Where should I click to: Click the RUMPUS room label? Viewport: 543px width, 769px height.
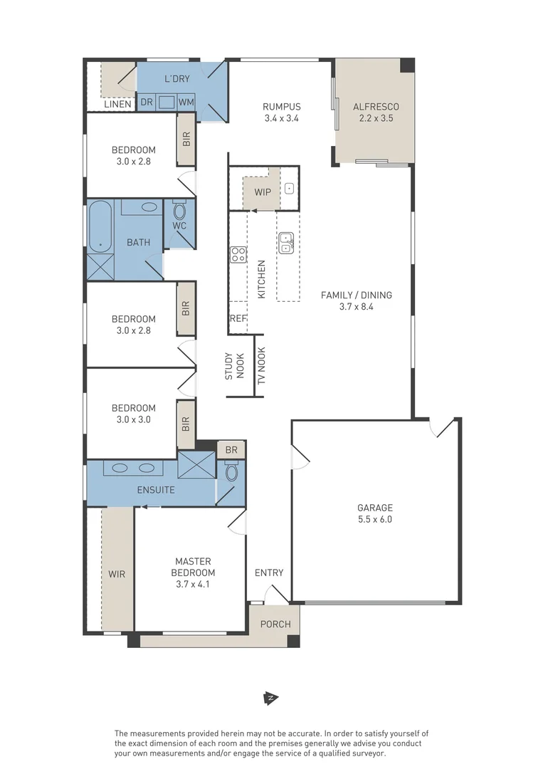tap(281, 106)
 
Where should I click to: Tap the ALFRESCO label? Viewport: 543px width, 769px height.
tap(376, 106)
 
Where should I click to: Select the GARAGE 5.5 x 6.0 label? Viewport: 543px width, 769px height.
tap(375, 513)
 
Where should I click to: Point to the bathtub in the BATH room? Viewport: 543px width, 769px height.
tap(100, 226)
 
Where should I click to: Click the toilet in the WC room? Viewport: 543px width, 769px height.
tap(180, 210)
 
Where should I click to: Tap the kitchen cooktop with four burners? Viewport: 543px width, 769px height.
tap(238, 254)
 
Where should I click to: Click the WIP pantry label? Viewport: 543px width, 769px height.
tap(263, 192)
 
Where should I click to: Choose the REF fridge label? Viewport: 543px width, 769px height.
tap(238, 318)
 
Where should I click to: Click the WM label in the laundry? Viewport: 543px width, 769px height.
tap(186, 103)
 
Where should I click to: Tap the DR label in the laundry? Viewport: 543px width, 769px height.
tap(147, 103)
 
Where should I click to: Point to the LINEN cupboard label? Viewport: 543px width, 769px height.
tap(117, 104)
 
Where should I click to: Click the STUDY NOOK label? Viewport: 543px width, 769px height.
tap(234, 367)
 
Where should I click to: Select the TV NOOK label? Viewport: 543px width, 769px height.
tap(261, 366)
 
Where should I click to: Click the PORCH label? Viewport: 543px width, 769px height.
tap(275, 624)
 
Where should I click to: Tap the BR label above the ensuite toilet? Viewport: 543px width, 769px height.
tap(231, 450)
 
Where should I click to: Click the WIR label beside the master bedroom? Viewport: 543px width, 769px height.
tap(117, 574)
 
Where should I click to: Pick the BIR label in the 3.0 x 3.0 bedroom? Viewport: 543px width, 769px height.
tap(186, 424)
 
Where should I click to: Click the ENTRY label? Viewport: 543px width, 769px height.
tap(269, 572)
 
